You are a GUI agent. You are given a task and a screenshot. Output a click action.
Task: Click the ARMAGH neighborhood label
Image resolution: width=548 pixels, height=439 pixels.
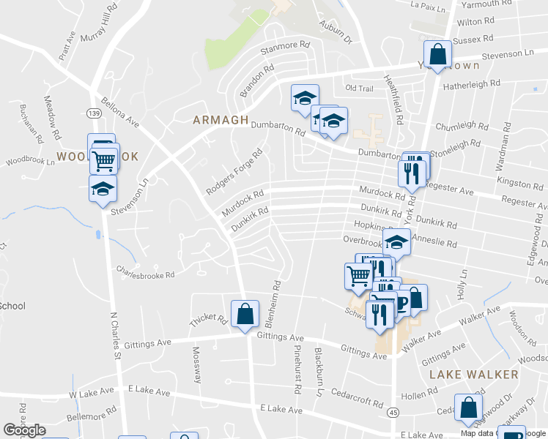pyautogui.click(x=221, y=120)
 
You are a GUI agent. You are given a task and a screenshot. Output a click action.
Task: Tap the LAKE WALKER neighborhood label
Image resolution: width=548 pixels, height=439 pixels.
pyautogui.click(x=473, y=374)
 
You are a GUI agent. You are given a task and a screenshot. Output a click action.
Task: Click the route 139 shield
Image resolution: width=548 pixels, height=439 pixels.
pyautogui.click(x=92, y=113)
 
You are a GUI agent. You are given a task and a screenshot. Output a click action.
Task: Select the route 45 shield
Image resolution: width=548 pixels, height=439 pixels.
pyautogui.click(x=393, y=413)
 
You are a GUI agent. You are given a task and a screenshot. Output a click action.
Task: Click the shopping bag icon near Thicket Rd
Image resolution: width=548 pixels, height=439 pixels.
pyautogui.click(x=245, y=315)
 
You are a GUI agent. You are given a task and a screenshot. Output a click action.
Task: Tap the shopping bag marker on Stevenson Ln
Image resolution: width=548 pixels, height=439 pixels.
pyautogui.click(x=437, y=55)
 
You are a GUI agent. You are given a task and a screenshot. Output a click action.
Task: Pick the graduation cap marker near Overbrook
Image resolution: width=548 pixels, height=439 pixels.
pyautogui.click(x=396, y=241)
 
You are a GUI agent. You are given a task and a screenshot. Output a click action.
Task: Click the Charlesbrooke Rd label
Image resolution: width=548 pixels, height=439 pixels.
pyautogui.click(x=145, y=274)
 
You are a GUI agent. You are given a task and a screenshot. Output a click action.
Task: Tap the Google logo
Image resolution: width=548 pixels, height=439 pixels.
pyautogui.click(x=24, y=430)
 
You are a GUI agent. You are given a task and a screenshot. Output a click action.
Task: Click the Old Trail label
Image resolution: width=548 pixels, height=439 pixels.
pyautogui.click(x=359, y=89)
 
